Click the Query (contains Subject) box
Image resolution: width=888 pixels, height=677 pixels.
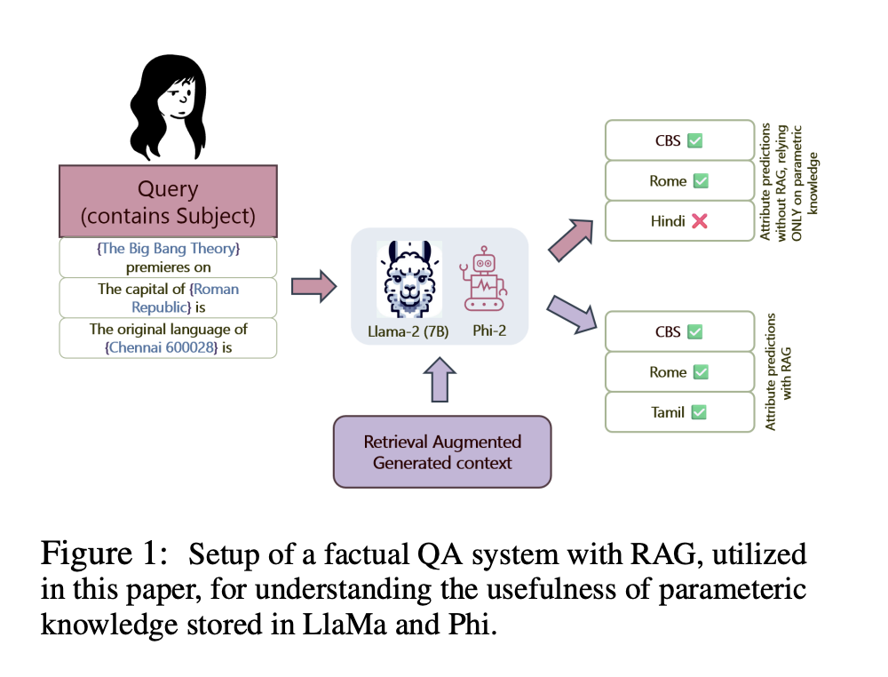point(168,201)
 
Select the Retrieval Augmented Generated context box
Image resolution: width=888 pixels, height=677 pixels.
point(442,452)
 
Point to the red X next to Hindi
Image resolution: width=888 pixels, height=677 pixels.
point(700,221)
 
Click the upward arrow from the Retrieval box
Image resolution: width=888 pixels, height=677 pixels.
point(442,378)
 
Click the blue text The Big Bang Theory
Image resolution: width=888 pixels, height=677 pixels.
point(169,249)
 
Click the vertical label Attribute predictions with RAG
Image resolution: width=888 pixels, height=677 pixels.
point(777,371)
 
